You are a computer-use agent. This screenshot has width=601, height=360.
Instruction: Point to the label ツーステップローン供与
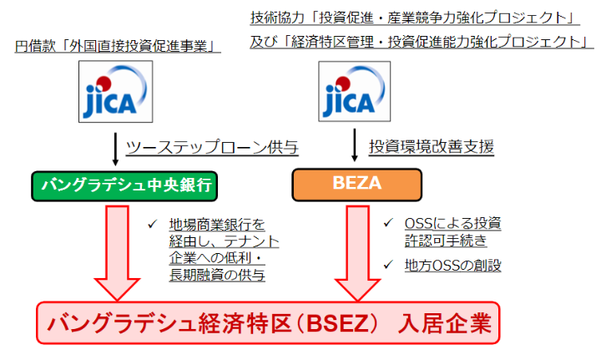point(212,148)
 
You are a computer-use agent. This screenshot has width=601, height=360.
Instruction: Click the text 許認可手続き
point(440,241)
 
